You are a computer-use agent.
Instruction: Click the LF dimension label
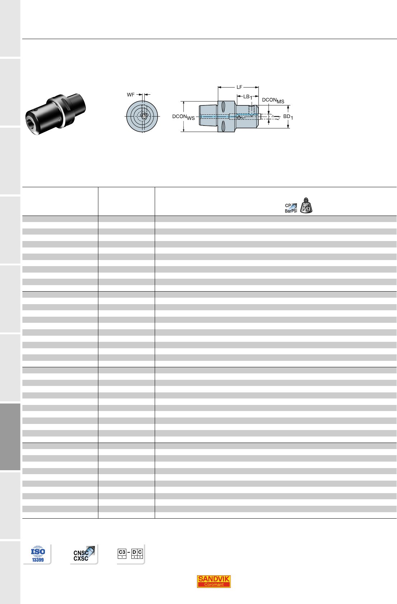239,87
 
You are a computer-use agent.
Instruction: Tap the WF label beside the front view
131,95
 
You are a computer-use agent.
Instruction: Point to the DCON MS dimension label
273,100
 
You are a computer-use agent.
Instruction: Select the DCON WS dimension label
183,117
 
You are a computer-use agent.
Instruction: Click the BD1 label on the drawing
288,117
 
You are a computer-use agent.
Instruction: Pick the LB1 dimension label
247,97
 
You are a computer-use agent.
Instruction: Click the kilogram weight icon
306,206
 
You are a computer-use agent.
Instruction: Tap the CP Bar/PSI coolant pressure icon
291,208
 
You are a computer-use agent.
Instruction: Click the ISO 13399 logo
38,554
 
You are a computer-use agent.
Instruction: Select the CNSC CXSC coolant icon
84,554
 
